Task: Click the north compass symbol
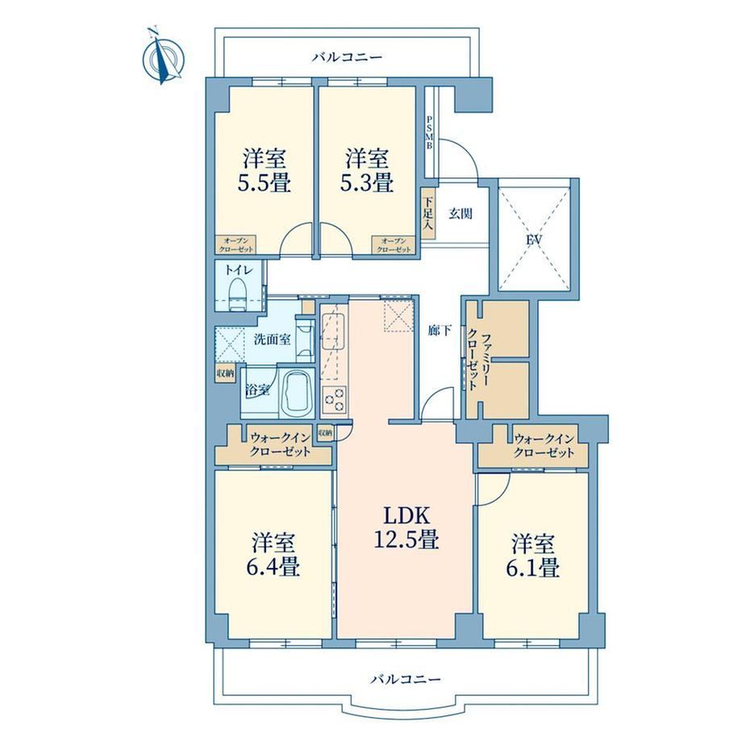coord(163,57)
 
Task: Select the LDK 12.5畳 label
coord(406,527)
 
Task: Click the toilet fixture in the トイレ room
coord(236,294)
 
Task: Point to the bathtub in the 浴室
coord(295,391)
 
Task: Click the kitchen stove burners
coord(334,398)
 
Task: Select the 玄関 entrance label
coord(461,214)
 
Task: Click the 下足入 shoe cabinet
coord(427,214)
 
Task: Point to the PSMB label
coord(430,132)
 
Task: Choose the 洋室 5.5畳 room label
coord(264,170)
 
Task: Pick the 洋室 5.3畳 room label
coord(367,170)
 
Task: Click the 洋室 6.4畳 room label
coord(273,554)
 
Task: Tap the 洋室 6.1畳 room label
coord(532,556)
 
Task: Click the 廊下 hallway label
coord(440,331)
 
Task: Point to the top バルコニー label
coord(347,58)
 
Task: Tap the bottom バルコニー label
coord(406,680)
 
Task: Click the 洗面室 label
coord(272,340)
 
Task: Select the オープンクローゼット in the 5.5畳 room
coord(236,245)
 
